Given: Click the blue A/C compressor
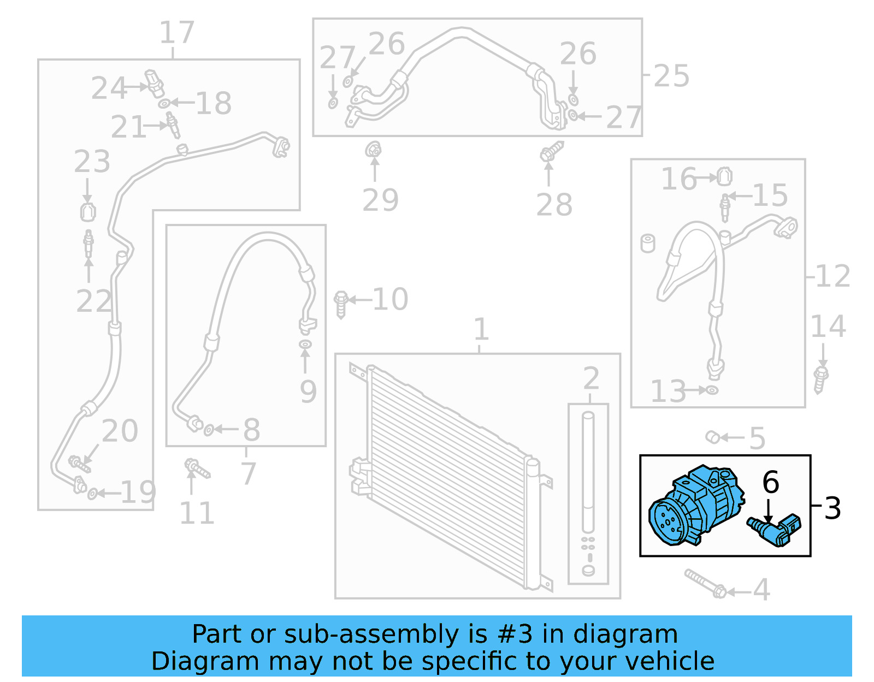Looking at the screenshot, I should click(694, 505).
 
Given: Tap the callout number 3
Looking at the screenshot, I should click(832, 508).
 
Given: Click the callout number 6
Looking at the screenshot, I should click(770, 482).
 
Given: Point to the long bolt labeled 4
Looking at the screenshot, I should click(705, 583).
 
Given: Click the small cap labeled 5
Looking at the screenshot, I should click(711, 437).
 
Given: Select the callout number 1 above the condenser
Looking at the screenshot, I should click(481, 329).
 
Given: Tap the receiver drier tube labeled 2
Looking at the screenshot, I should click(588, 475).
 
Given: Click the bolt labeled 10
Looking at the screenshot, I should click(341, 304).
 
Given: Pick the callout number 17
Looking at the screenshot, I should click(176, 33).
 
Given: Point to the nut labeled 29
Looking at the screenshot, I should click(374, 150).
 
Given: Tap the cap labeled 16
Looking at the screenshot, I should click(724, 176).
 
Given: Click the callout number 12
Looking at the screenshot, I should click(832, 276).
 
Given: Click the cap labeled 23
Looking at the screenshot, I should click(88, 211).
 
